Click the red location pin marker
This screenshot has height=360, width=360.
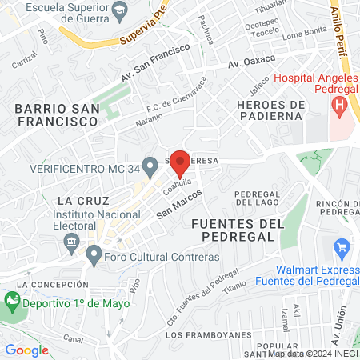(x=181, y=163)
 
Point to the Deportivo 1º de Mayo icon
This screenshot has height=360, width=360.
(x=12, y=302)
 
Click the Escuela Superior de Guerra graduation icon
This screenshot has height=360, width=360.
(x=120, y=10)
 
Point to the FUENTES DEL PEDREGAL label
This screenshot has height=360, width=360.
(x=238, y=230)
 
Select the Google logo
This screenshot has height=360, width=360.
(x=27, y=350)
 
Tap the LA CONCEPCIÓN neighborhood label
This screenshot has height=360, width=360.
(x=56, y=284)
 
